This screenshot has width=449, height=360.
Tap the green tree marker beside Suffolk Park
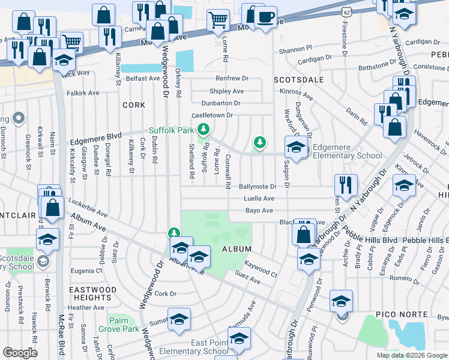pos(203,129)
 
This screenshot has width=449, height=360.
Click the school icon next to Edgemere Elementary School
pos(296,146)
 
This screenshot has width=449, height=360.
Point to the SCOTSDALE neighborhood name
pos(298,80)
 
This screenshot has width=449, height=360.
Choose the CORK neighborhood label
pos(133,105)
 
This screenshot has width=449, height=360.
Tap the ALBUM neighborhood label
pos(236,248)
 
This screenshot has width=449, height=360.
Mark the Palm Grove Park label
pos(123,325)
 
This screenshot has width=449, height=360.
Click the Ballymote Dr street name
pos(258,187)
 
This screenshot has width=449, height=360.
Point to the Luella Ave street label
pos(259,199)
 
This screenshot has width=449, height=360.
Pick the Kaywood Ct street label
pos(261,274)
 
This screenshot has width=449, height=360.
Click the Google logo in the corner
pos(20,353)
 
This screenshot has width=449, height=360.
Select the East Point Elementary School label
pos(209,347)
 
